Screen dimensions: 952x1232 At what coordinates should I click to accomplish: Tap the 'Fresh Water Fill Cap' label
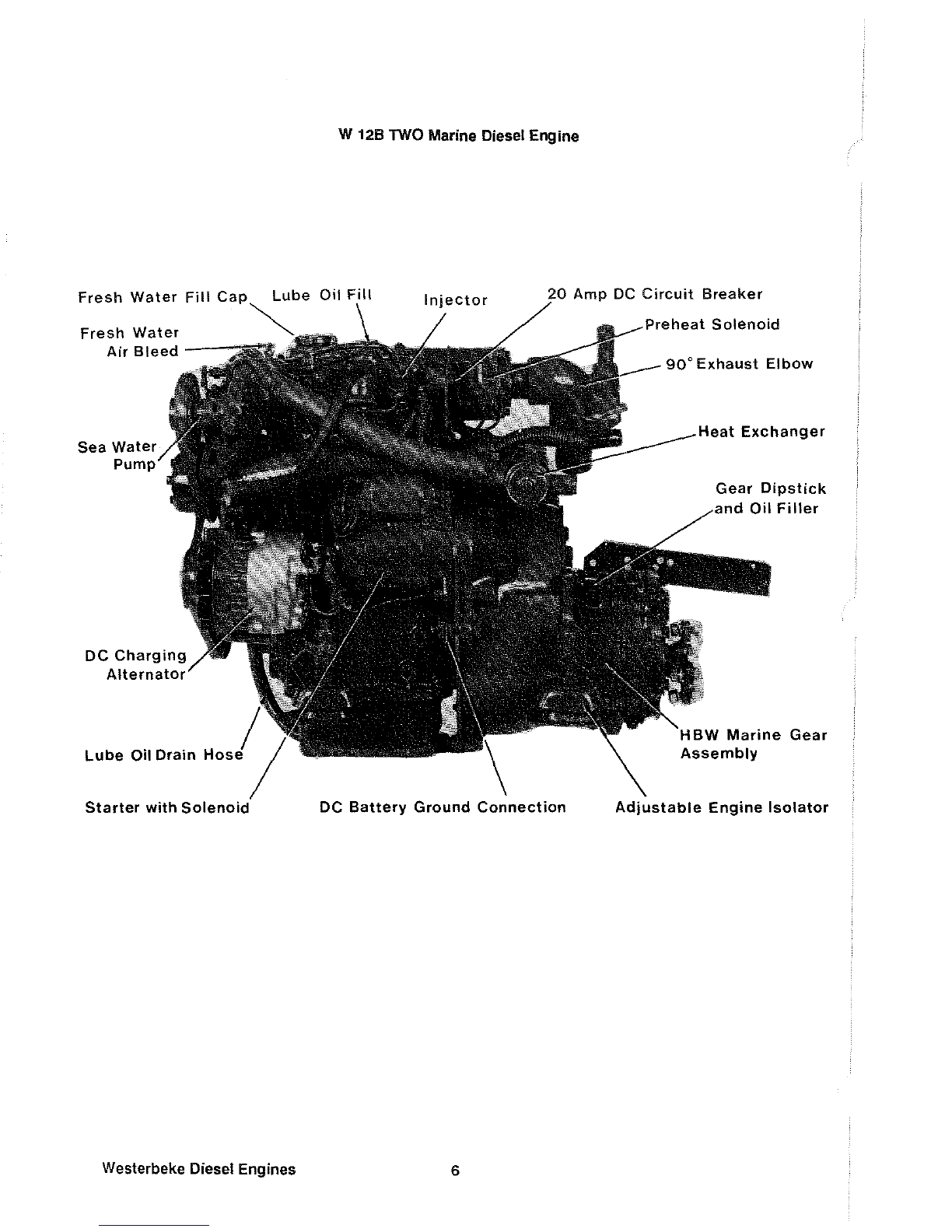point(163,297)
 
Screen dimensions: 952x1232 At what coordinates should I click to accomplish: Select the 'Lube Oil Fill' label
point(322,296)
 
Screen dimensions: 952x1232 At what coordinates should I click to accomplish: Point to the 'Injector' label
point(455,300)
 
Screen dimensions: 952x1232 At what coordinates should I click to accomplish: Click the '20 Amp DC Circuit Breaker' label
point(655,294)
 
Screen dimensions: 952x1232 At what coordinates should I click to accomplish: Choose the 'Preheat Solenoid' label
point(712,324)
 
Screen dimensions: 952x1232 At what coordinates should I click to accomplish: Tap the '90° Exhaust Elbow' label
point(739,364)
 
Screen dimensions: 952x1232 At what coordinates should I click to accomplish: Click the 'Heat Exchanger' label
point(761,431)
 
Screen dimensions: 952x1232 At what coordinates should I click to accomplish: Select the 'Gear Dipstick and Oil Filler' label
point(768,499)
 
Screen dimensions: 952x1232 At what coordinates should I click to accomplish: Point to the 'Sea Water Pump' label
point(117,456)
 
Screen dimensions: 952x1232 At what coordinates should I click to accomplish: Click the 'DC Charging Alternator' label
point(135,665)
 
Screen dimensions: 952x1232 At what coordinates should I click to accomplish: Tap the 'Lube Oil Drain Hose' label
point(163,755)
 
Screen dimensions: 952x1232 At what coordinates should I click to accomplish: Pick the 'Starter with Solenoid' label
point(166,807)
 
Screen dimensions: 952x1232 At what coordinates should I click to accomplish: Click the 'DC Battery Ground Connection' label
point(443,807)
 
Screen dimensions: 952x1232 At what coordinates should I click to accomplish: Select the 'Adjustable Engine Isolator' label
point(721,807)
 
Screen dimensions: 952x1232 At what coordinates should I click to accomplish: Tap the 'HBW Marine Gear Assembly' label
point(753,744)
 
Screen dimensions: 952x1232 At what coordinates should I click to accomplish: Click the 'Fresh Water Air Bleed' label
point(130,342)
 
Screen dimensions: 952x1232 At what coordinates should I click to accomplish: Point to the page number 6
point(455,1171)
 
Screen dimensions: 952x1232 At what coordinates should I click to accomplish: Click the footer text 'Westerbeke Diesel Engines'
point(198,1169)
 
